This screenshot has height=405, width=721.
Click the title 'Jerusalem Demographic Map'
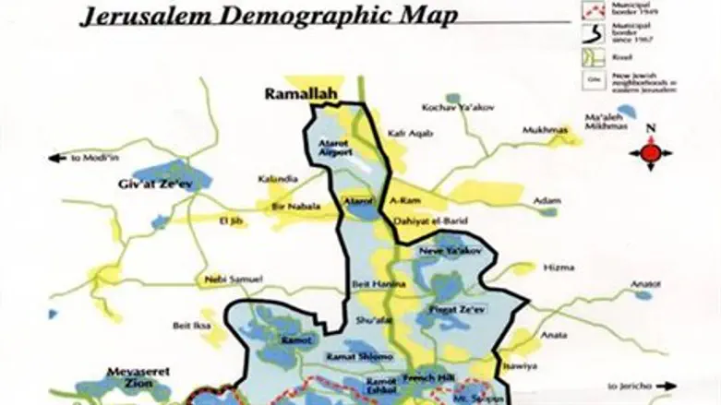coord(268,17)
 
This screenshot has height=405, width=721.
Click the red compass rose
coord(650,151)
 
